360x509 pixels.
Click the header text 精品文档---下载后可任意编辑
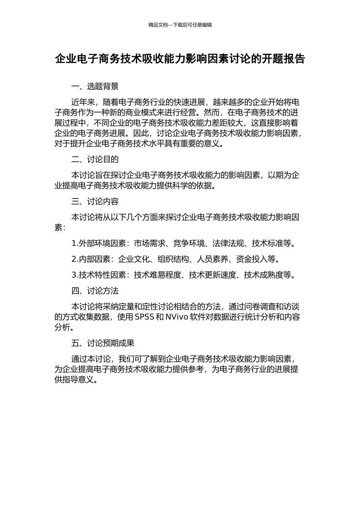coord(180,25)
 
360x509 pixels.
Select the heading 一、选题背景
coord(95,87)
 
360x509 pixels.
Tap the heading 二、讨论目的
coord(95,159)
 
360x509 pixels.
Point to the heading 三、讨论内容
coord(95,201)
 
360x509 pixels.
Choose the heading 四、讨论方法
coord(95,291)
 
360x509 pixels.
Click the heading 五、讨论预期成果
coord(103,343)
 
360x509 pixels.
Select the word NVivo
coord(177,317)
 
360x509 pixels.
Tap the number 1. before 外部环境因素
coord(75,244)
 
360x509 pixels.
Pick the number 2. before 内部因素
coord(75,259)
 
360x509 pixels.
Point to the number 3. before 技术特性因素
coord(75,275)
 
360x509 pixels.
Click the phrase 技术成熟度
coord(263,275)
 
